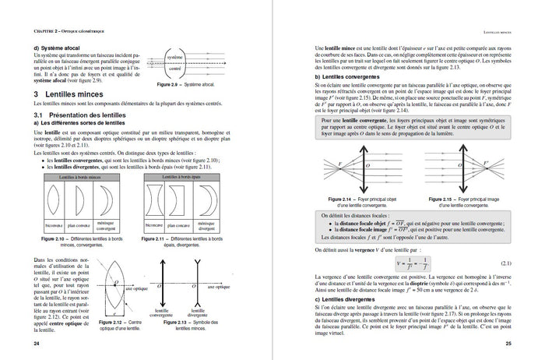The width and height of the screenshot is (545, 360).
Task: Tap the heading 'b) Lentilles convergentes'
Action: coord(347,77)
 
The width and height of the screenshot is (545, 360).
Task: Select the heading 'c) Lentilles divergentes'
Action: coord(344,300)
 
